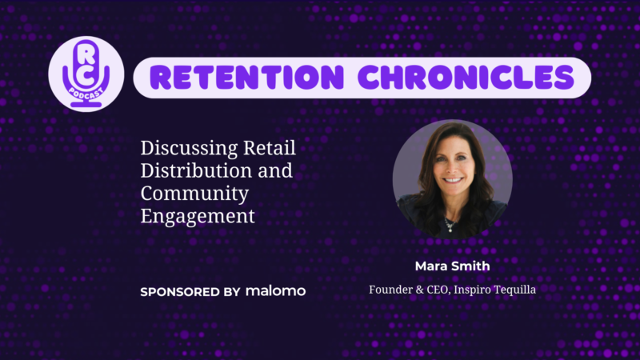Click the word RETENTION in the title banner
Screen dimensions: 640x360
click(x=247, y=77)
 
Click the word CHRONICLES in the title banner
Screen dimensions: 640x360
click(x=466, y=77)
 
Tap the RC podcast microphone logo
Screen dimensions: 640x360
click(x=86, y=74)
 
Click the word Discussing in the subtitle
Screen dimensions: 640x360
click(x=189, y=149)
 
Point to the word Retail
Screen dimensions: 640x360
click(x=270, y=148)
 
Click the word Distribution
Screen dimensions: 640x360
click(x=196, y=170)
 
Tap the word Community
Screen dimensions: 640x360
click(x=194, y=194)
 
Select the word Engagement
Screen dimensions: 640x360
click(x=198, y=217)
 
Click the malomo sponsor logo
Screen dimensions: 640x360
click(x=275, y=291)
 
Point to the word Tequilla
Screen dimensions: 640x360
click(x=515, y=290)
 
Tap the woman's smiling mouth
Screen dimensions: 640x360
click(x=453, y=180)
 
